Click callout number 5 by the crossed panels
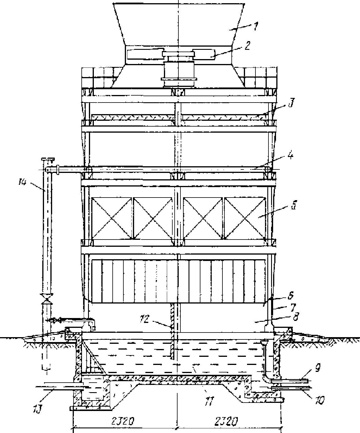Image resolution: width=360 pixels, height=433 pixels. (293, 207)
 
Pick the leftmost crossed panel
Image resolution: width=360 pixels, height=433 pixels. (112, 218)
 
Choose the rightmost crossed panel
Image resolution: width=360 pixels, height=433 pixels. (245, 218)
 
